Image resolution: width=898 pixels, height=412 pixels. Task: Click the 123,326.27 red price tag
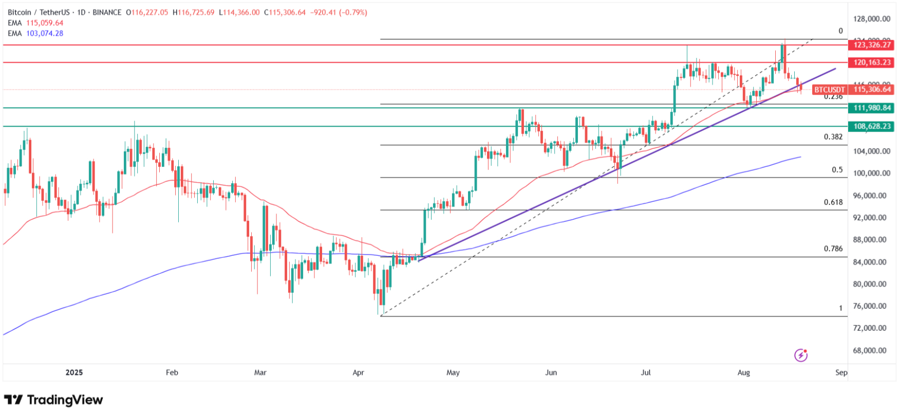(x=872, y=45)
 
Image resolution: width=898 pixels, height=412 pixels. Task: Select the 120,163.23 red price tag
(x=872, y=62)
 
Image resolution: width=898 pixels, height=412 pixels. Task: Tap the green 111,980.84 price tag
(x=872, y=108)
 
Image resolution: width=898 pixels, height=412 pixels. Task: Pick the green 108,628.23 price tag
(x=872, y=126)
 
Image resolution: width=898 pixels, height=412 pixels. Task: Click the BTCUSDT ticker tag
(x=829, y=89)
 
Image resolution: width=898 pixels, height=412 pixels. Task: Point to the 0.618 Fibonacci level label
(x=833, y=202)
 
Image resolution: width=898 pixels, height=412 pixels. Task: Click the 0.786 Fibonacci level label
(x=833, y=249)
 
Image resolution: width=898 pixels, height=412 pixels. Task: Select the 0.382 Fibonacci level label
(x=833, y=137)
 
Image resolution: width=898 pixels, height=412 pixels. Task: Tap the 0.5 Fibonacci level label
(x=837, y=170)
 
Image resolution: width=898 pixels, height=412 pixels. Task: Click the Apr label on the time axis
(x=358, y=372)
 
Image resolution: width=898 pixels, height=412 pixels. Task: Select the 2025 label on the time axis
(x=74, y=372)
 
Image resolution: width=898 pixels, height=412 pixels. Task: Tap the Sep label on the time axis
(x=841, y=372)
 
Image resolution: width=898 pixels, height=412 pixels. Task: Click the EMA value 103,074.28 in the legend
(x=45, y=33)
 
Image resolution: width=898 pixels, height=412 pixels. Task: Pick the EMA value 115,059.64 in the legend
(x=45, y=23)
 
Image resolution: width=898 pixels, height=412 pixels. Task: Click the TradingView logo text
(x=65, y=400)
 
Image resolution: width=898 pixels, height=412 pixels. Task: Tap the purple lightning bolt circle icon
(x=801, y=355)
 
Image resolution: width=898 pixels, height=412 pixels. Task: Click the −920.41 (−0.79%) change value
(x=339, y=12)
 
